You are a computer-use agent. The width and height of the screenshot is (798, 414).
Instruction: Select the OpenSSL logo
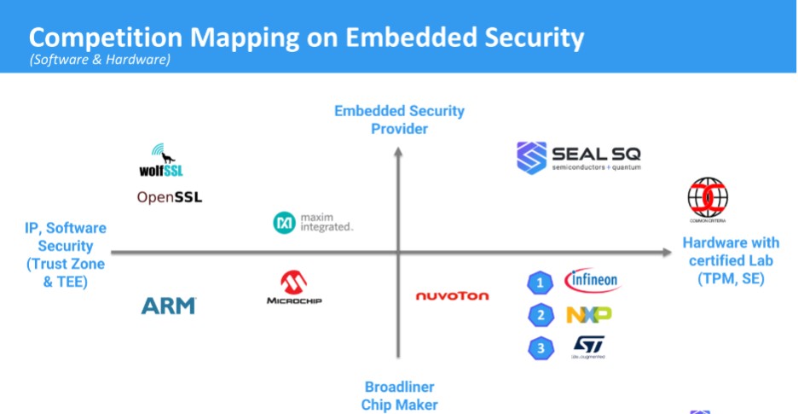[170, 198]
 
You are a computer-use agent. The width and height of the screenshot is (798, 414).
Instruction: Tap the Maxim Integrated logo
[312, 223]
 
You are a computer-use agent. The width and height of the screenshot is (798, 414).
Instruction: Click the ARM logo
[169, 305]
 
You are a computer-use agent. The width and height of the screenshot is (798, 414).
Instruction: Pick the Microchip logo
[294, 289]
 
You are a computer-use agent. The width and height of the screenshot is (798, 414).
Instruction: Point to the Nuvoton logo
[452, 296]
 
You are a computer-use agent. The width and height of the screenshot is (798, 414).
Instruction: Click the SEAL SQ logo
[579, 158]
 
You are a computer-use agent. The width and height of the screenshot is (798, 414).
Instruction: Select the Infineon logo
[592, 280]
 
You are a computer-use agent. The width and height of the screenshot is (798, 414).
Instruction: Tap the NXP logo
[588, 315]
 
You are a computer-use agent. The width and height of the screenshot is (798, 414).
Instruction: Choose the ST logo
[588, 346]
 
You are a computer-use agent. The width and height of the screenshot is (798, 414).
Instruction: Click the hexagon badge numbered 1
[540, 283]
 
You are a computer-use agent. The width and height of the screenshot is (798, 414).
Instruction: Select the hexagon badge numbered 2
[540, 316]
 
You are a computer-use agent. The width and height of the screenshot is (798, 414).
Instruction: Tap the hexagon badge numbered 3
[540, 347]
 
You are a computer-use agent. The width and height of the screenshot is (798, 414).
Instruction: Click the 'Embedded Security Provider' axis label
[399, 120]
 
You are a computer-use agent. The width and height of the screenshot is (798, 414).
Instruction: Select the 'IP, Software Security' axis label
[66, 254]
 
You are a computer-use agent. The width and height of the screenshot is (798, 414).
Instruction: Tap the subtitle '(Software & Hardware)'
[100, 60]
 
